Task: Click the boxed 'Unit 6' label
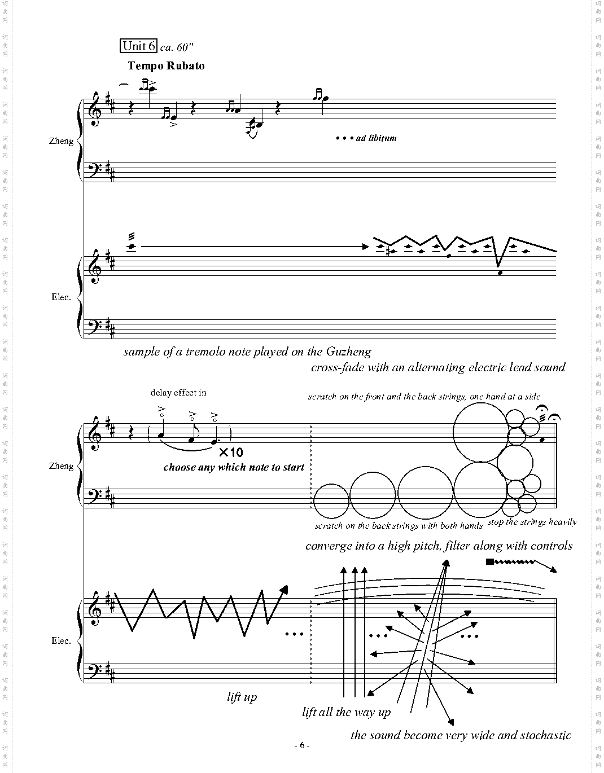point(138,46)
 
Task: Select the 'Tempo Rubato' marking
point(166,65)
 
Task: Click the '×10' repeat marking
point(230,452)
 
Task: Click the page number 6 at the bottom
point(302,745)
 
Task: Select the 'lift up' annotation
point(242,697)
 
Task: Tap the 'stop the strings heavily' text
point(532,522)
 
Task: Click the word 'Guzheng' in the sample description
point(348,352)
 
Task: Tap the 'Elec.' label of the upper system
point(61,297)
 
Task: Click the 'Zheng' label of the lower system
point(61,466)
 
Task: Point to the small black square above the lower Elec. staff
point(489,561)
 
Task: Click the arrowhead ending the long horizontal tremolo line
point(365,246)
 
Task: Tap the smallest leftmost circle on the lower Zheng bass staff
point(331,501)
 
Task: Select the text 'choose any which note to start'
point(234,467)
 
